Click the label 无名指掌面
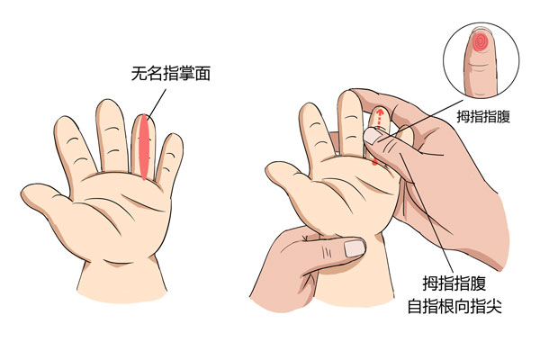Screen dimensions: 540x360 pos(171,74)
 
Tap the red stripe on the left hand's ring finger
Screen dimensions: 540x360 pos(144,147)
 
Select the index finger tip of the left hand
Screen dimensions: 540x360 pos(63,123)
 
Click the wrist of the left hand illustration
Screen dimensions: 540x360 pos(121,279)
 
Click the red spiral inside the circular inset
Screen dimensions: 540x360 pos(480,42)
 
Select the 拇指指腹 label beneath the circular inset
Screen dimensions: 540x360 pos(483,116)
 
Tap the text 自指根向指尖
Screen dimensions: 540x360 pos(454,305)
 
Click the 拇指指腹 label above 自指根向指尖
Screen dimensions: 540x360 pos(454,283)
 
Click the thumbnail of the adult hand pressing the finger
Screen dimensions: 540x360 pos(371,135)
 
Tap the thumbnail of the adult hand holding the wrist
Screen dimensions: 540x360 pos(355,248)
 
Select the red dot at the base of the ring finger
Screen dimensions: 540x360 pos(374,162)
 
